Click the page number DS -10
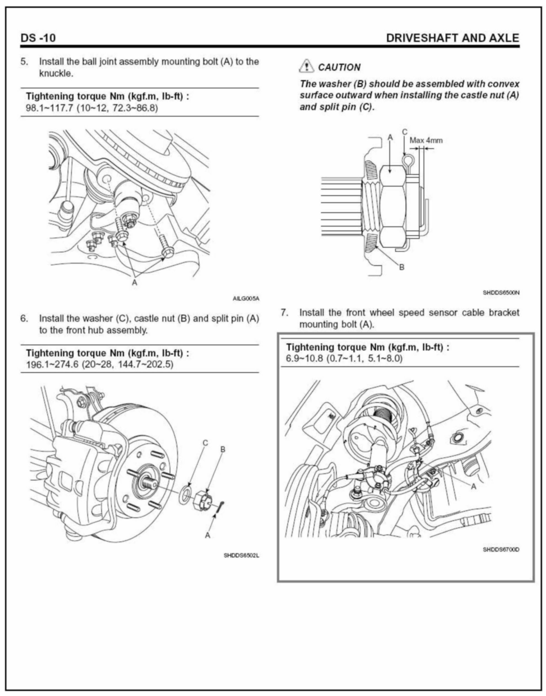click(x=38, y=38)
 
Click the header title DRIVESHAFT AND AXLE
click(x=452, y=38)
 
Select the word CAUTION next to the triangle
click(x=339, y=67)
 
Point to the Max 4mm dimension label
click(x=426, y=140)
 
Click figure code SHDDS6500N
click(x=501, y=292)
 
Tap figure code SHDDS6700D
click(x=501, y=550)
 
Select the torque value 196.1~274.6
click(x=52, y=364)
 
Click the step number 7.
click(x=284, y=312)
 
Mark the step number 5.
click(x=24, y=61)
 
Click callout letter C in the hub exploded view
click(x=205, y=443)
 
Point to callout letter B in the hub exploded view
click(x=223, y=450)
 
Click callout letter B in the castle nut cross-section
click(x=402, y=267)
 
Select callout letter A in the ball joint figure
click(x=135, y=282)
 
